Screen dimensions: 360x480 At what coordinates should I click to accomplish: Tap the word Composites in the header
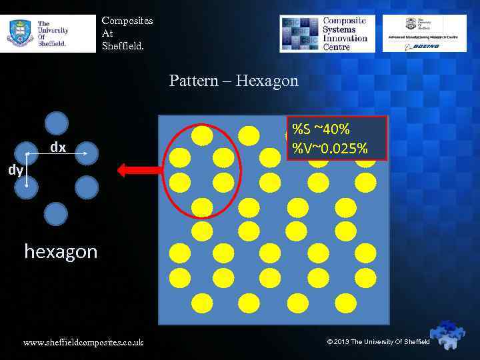[x=127, y=21]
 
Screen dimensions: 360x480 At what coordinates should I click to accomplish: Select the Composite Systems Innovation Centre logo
[x=327, y=33]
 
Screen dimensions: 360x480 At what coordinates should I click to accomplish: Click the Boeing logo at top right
[x=425, y=46]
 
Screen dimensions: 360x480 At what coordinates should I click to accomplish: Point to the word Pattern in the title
[x=193, y=81]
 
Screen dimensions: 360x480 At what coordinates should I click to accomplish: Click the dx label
[x=58, y=148]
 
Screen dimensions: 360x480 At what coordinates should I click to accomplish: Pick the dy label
[x=15, y=170]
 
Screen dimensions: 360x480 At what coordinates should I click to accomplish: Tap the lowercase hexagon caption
[x=61, y=251]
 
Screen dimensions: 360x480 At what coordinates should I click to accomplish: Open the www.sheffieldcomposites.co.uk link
[x=83, y=343]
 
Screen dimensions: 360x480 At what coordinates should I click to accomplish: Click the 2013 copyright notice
[x=378, y=342]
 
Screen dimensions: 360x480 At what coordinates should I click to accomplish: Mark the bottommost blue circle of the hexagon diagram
[x=56, y=213]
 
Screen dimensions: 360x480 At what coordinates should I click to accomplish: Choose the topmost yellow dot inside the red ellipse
[x=202, y=135]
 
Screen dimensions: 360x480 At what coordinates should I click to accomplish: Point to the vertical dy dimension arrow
[x=27, y=169]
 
